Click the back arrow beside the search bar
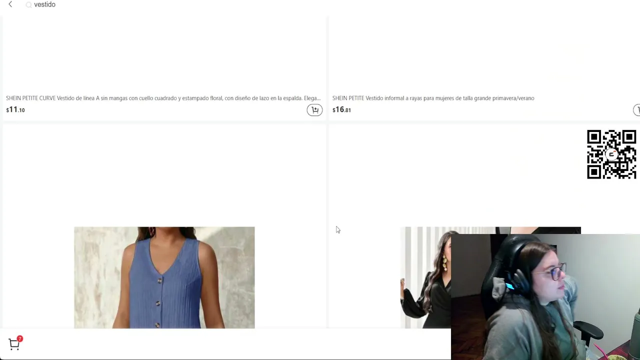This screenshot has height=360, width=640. click(10, 4)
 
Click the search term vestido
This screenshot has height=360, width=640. click(44, 4)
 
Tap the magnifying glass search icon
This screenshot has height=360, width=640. click(28, 5)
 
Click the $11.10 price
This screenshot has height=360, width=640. click(15, 109)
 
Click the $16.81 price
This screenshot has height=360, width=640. click(341, 109)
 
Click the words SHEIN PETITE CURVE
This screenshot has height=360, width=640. click(31, 98)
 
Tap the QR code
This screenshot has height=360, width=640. click(611, 154)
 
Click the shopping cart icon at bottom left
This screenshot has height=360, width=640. click(13, 344)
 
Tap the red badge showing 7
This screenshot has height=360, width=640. click(19, 339)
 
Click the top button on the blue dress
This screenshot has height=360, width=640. click(160, 281)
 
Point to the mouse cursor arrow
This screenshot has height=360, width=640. click(338, 229)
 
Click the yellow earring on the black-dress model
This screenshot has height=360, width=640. click(445, 263)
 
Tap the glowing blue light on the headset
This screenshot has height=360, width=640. click(509, 286)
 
